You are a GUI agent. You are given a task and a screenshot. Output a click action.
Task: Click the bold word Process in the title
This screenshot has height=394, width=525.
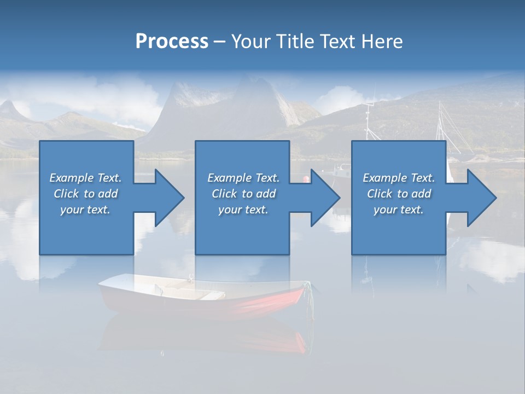point(172,42)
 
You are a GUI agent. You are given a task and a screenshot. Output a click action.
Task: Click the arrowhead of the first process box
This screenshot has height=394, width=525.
point(170,198)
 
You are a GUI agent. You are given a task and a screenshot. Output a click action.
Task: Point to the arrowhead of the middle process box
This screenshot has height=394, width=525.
point(326,198)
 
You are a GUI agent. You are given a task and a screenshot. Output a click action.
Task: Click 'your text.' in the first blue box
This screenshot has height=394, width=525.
point(85,209)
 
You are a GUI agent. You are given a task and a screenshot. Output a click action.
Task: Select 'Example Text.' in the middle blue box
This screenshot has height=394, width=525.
point(243,178)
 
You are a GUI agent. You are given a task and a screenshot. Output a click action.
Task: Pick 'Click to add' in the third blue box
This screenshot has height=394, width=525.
point(399,194)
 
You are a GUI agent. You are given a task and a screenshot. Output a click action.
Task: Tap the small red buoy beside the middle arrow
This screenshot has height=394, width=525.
point(306,178)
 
